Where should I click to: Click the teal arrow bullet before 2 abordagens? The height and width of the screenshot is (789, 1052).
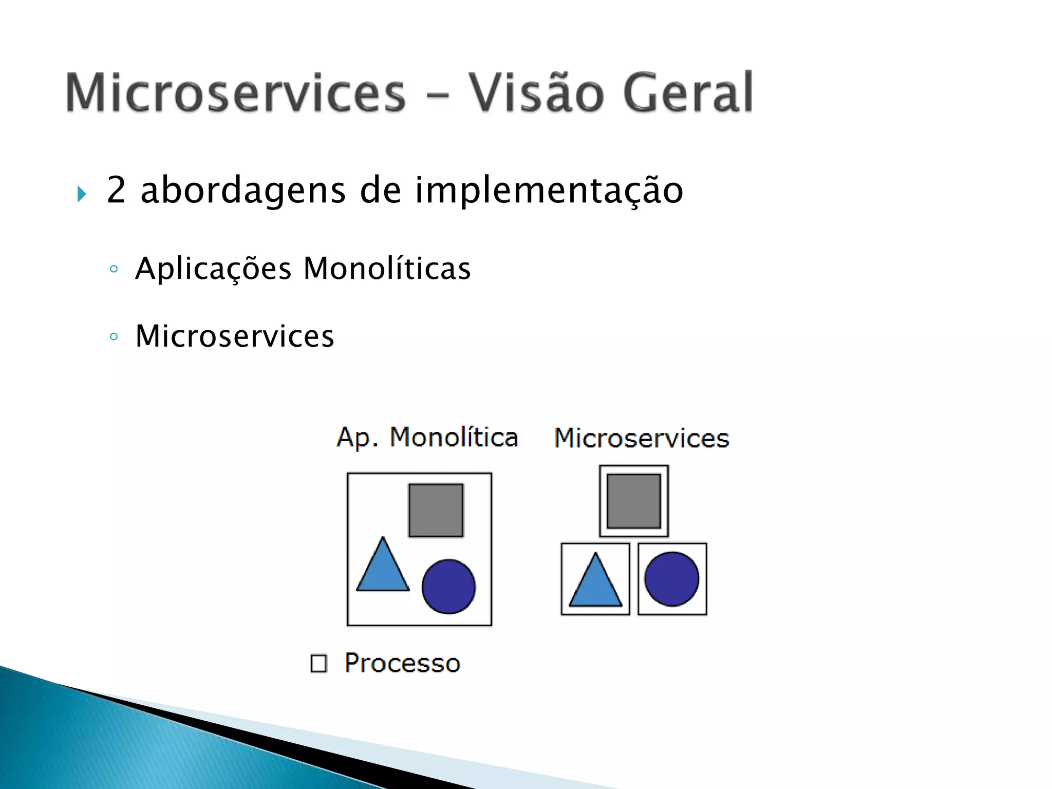click(82, 194)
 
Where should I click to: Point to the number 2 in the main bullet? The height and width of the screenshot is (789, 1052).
click(116, 190)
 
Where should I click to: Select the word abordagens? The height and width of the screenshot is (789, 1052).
click(243, 191)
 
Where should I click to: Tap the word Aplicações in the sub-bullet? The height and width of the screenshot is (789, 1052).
click(213, 269)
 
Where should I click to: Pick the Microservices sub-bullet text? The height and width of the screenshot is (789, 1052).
click(235, 336)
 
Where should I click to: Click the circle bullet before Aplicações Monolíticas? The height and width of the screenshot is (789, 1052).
click(114, 269)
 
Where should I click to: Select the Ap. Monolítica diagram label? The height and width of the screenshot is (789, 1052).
click(427, 438)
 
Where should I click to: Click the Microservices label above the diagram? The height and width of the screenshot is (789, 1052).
click(642, 439)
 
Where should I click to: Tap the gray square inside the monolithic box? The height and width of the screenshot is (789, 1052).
click(436, 510)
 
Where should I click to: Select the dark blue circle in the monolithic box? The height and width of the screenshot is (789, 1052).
click(448, 586)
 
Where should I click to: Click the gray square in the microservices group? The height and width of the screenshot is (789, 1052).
click(634, 501)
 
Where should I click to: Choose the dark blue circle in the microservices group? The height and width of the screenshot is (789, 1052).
click(672, 578)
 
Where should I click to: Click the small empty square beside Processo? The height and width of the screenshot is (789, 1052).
click(318, 663)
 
